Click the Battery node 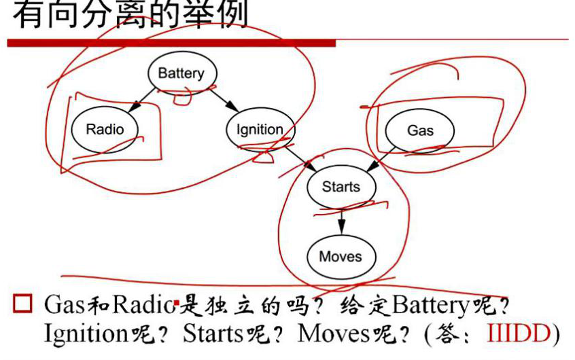(181, 73)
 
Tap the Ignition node (260, 129)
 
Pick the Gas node (420, 129)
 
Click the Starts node (341, 186)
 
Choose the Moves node (341, 256)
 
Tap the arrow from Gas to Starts (381, 158)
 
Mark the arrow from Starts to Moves (341, 221)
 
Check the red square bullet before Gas (23, 304)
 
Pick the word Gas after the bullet (65, 306)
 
